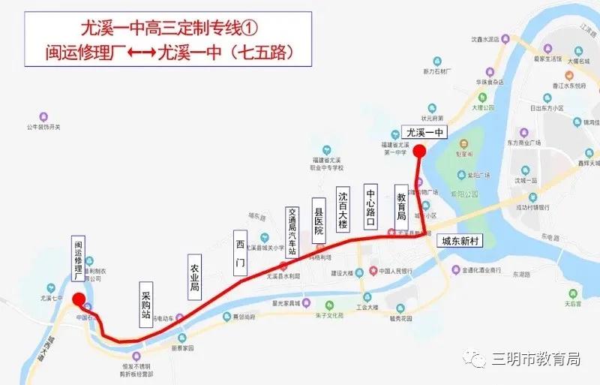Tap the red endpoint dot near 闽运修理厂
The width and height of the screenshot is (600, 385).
click(x=79, y=301)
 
